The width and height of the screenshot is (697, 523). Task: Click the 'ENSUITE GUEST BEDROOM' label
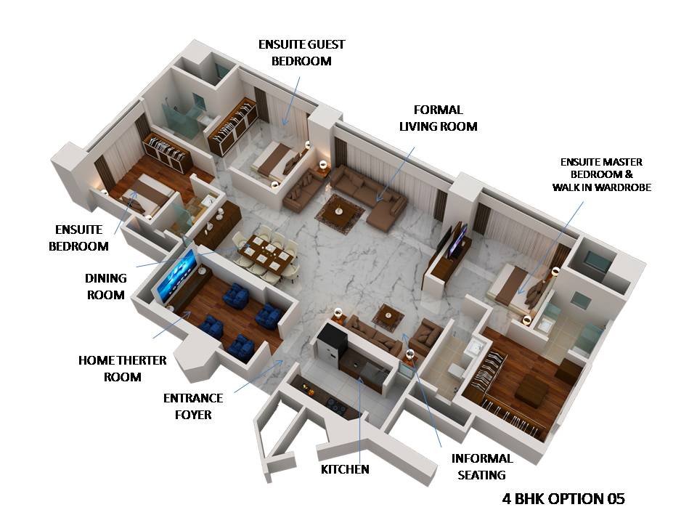(x=301, y=53)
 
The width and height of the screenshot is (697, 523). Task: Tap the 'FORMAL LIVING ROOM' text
(x=439, y=118)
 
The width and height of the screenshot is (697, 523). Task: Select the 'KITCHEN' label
(x=345, y=469)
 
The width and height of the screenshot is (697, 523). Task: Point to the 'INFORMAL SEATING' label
(x=482, y=466)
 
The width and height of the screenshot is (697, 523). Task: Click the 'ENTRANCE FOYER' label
(x=193, y=406)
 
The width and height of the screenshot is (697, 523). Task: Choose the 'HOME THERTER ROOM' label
(x=122, y=368)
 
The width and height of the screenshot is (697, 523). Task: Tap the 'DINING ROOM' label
(x=107, y=286)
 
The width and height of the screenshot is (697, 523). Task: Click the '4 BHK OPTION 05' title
(x=563, y=499)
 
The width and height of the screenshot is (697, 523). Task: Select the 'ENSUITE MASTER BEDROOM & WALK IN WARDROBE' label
(x=601, y=174)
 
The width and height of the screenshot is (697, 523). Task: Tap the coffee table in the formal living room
(x=340, y=210)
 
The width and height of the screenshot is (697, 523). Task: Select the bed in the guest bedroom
(x=277, y=161)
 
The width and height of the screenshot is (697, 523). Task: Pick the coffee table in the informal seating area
(x=389, y=317)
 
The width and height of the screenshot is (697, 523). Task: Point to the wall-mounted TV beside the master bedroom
(x=458, y=240)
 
